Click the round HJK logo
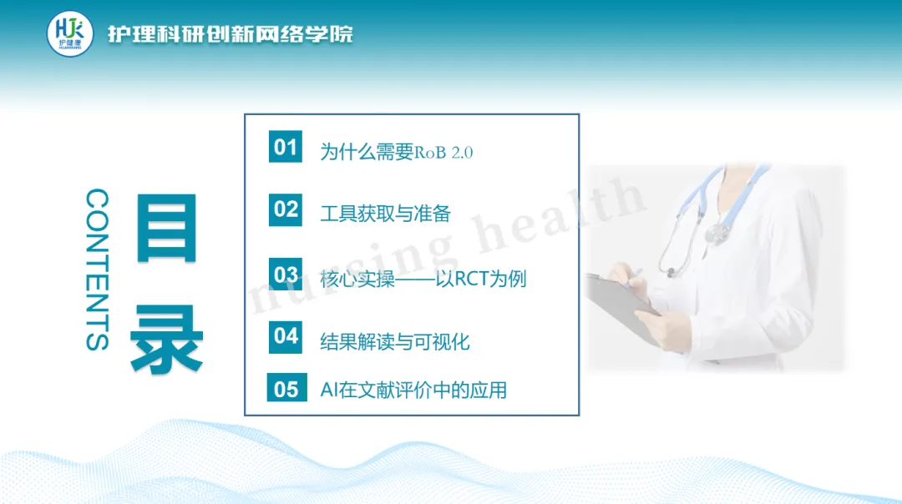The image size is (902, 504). tap(69, 34)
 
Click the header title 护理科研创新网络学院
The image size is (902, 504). tap(231, 34)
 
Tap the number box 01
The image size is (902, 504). tap(286, 147)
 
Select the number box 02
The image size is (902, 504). tap(286, 209)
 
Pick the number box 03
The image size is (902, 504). tap(286, 275)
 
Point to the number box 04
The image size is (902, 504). tap(286, 336)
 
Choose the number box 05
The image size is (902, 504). tap(286, 388)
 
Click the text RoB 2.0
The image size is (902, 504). tap(443, 153)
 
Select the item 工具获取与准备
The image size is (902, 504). tap(385, 214)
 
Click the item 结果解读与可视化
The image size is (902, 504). tap(394, 342)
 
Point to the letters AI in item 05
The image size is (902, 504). tap(329, 391)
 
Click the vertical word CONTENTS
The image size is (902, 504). tap(97, 269)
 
